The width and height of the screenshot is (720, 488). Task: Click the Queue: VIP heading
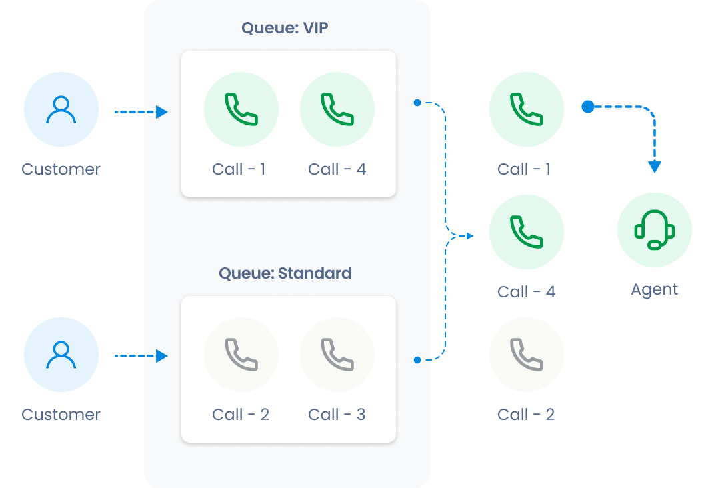[285, 28]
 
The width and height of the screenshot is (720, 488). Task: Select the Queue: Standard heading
[285, 273]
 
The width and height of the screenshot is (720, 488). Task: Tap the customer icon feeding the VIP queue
[61, 110]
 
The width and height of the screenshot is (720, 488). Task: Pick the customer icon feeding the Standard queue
[61, 355]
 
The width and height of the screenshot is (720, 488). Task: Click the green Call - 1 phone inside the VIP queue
[241, 109]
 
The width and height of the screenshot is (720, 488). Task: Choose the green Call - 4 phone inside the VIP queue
[337, 109]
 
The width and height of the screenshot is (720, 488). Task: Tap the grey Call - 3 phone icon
[337, 355]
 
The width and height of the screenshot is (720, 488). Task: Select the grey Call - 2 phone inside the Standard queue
[241, 355]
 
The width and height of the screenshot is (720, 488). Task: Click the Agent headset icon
[654, 230]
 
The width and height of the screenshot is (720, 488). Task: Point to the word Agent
[654, 289]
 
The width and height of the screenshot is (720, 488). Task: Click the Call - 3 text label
[337, 415]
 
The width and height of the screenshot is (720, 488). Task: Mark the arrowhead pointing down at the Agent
[655, 167]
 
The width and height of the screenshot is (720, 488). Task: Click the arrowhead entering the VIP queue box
[161, 112]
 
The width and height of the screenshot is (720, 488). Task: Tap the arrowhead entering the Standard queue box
[161, 357]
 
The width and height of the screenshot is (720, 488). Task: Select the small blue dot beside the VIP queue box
[417, 103]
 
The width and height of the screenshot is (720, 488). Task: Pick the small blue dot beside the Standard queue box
[417, 360]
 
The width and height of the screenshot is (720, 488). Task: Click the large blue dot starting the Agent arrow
[587, 107]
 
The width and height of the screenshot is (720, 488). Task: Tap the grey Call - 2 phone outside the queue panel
[526, 355]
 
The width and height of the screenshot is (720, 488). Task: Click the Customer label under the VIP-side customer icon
[61, 169]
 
